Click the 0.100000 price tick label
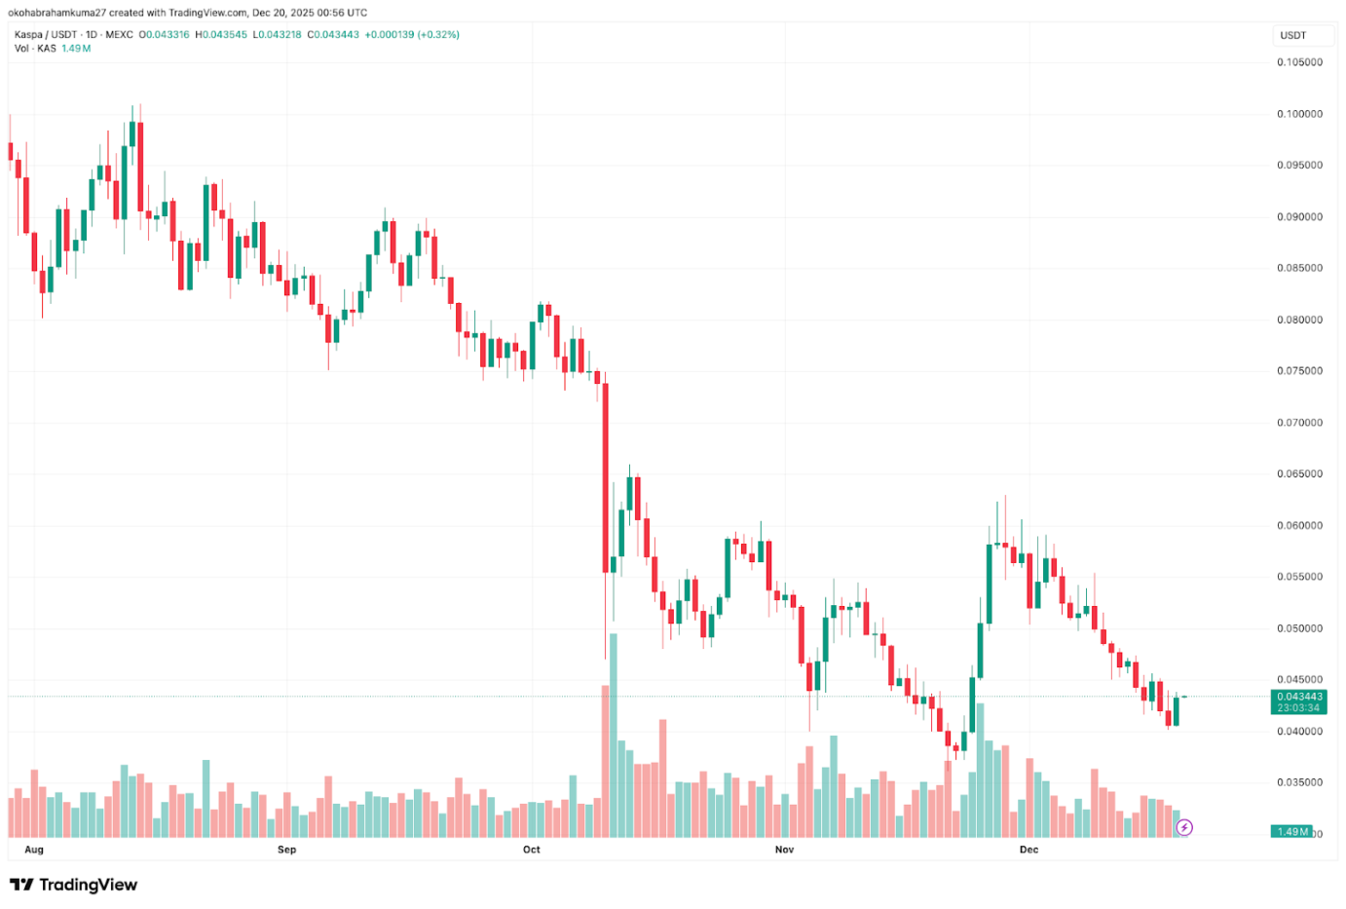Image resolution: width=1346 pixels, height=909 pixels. [x=1299, y=114]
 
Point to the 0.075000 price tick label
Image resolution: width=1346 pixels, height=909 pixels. [x=1299, y=371]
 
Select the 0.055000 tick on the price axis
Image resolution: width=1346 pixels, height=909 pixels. [x=1299, y=577]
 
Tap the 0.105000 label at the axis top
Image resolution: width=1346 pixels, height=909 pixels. [x=1299, y=62]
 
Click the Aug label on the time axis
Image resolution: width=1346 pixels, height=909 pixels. [x=34, y=850]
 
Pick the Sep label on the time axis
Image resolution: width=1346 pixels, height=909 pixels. [x=286, y=850]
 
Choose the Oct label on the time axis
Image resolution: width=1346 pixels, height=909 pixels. [x=531, y=850]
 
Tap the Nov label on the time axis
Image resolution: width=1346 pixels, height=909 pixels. [x=784, y=850]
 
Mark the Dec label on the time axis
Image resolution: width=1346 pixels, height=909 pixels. [x=1028, y=850]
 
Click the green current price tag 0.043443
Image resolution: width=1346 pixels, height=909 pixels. [x=1299, y=697]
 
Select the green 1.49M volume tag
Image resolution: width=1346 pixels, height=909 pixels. [x=1291, y=831]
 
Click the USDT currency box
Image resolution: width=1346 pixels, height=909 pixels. [x=1293, y=35]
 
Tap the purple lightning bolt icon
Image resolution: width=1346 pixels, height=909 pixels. [x=1184, y=828]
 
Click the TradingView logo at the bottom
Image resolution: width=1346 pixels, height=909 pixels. [x=74, y=885]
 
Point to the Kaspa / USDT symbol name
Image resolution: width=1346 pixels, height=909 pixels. [x=46, y=34]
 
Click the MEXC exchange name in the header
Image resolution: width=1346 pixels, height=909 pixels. [x=119, y=34]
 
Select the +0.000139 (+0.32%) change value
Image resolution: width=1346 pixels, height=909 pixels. [x=412, y=34]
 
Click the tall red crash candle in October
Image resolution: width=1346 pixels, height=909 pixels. [x=606, y=477]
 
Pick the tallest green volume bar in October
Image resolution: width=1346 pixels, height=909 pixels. [x=614, y=735]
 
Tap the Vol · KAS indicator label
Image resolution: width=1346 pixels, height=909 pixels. [x=35, y=48]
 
